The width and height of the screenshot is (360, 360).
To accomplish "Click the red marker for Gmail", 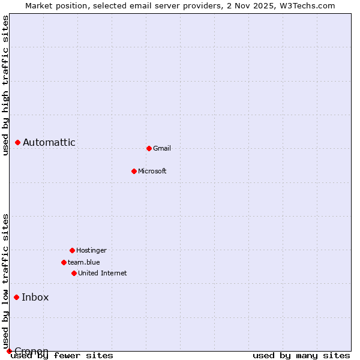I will [x=149, y=148].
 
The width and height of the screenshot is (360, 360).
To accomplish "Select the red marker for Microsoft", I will [x=134, y=171].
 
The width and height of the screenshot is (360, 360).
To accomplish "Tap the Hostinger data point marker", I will [x=72, y=250].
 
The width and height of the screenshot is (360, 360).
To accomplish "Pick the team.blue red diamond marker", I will [x=64, y=262].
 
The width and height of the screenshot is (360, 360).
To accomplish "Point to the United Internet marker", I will [x=74, y=273].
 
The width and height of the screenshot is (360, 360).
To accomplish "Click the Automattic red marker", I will [x=17, y=142].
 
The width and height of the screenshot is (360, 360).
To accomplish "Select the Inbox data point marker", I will [x=16, y=297].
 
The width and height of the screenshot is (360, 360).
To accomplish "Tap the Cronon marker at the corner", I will [x=9, y=351].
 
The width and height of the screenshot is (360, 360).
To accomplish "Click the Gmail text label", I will [x=162, y=148].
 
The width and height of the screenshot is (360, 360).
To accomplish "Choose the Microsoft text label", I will [x=152, y=171].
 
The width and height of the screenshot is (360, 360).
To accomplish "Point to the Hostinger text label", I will [x=91, y=250].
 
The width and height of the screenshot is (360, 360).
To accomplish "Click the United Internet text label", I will [x=103, y=273].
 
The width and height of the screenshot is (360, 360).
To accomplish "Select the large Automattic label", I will [x=49, y=142].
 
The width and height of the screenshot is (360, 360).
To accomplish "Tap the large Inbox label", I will [x=35, y=297].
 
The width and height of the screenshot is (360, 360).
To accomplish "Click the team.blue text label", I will [x=84, y=262].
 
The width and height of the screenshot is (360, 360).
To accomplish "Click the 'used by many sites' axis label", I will [x=301, y=355].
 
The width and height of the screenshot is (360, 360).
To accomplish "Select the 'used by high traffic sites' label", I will [x=5, y=86].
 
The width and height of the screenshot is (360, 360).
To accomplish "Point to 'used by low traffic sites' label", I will [x=5, y=281].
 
